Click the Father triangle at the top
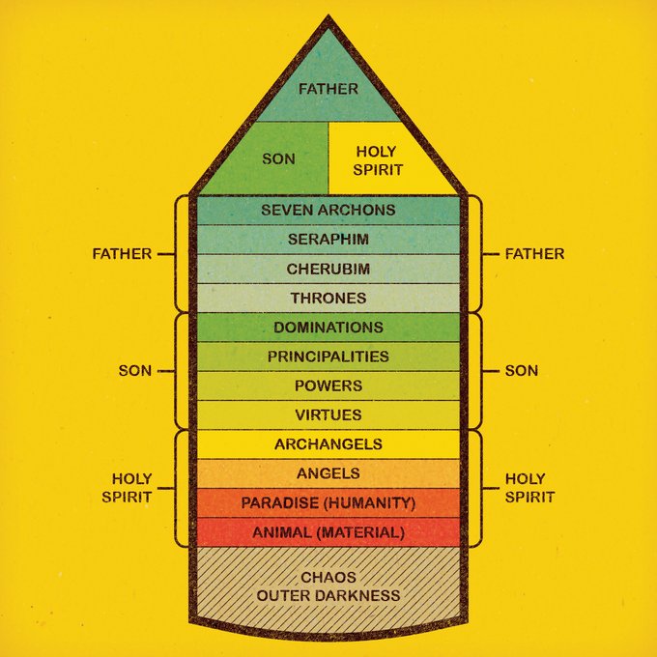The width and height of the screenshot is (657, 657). pos(328,87)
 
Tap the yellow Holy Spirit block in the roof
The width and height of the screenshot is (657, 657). pos(375,159)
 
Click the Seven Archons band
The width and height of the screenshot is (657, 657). pos(328,210)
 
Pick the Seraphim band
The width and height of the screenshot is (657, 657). pos(328,239)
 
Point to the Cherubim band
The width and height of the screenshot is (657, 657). pos(328,268)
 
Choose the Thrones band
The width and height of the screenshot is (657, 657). pos(328,298)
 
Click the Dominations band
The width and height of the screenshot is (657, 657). pos(328,328)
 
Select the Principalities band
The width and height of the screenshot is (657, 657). pos(328,357)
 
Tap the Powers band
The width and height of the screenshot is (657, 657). pos(328,386)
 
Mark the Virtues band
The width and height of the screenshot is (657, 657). pos(328,414)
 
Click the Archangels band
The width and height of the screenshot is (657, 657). pos(328,444)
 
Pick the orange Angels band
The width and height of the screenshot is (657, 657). pos(328,473)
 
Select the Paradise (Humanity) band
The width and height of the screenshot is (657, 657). pos(328,502)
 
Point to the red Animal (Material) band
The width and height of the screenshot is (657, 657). pos(328,531)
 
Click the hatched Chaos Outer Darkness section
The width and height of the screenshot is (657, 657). pos(328,586)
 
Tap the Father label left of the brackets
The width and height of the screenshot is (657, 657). pos(122,254)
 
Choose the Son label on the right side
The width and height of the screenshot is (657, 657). pos(522,371)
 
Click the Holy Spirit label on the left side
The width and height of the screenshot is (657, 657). pos(126,488)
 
